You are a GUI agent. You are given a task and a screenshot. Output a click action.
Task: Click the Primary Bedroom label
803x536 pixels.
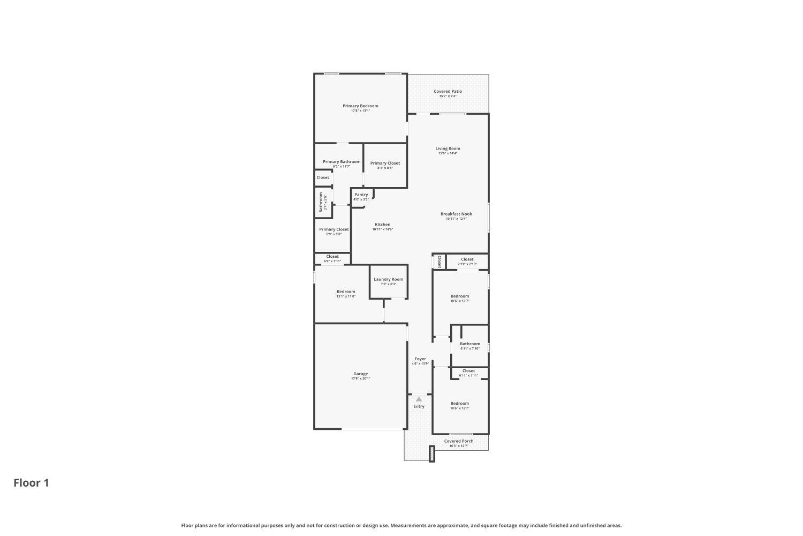click(x=360, y=106)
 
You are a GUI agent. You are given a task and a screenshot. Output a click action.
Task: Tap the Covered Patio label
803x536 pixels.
click(x=448, y=92)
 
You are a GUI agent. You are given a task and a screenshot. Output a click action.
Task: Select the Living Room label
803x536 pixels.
click(x=448, y=148)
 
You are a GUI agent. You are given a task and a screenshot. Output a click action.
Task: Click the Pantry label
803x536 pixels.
click(x=361, y=195)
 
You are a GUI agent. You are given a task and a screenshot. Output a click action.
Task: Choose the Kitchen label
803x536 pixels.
click(x=382, y=225)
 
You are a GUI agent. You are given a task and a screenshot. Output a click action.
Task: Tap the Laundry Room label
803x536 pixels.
click(x=388, y=279)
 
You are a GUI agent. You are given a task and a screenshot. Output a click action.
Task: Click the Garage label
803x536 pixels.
click(x=360, y=374)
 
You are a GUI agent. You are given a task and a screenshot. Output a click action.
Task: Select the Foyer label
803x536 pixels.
click(x=420, y=359)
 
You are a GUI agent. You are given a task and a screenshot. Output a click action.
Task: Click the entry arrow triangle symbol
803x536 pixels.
click(x=419, y=399)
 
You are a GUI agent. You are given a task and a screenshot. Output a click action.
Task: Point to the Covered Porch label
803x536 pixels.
click(x=459, y=441)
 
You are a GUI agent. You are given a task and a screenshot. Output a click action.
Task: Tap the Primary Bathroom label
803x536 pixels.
click(x=342, y=162)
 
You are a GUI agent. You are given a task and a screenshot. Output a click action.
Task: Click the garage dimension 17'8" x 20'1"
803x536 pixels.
click(x=360, y=379)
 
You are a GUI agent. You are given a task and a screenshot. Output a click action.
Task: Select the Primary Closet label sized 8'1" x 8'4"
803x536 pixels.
click(x=385, y=163)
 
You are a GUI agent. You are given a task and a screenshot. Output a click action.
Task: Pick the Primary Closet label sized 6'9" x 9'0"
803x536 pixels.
click(x=334, y=229)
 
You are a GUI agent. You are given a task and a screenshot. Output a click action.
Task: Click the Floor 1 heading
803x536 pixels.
click(x=31, y=483)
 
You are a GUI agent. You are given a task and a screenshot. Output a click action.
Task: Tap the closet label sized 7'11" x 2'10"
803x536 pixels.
click(x=467, y=259)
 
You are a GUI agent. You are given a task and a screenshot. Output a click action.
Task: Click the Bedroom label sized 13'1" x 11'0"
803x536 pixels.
click(x=346, y=292)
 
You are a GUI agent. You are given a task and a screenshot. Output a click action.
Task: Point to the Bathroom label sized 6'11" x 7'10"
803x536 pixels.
click(x=469, y=344)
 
